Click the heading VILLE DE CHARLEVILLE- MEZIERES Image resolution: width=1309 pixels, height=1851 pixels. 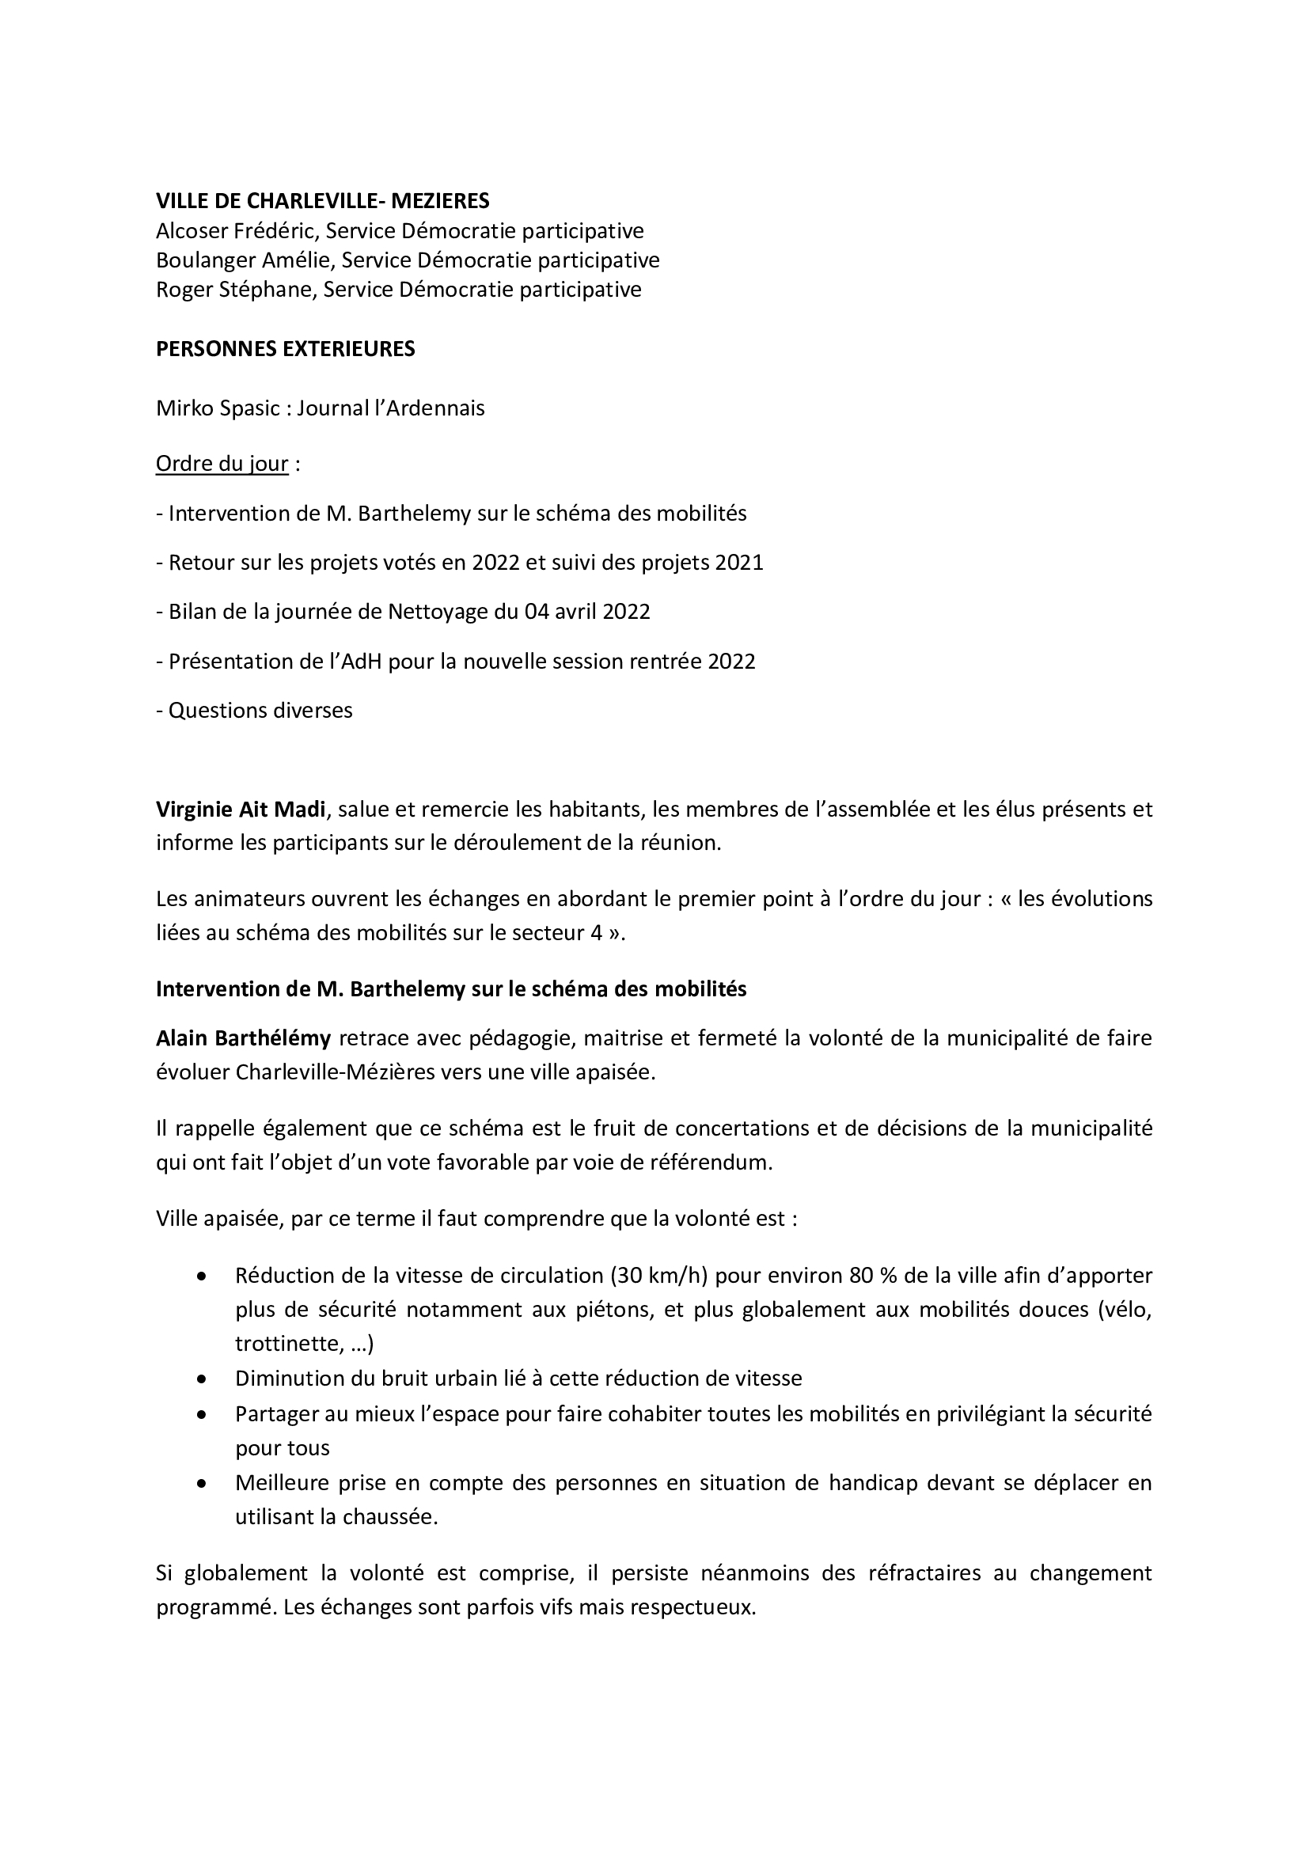tap(322, 200)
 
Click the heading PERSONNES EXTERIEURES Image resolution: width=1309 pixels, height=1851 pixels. tap(286, 349)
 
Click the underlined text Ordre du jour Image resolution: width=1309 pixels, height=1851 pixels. tap(222, 465)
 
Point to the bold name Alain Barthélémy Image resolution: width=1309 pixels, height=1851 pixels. tap(243, 1038)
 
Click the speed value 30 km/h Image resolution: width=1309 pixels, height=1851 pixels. tap(658, 1276)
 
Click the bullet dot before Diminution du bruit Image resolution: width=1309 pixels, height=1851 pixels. tap(202, 1379)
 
